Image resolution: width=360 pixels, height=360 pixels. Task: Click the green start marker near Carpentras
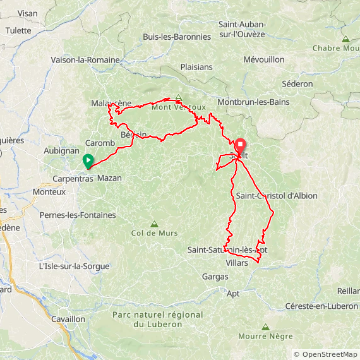88,160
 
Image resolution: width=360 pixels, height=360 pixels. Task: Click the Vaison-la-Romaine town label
85,60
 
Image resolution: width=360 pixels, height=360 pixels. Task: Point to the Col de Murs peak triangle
154,224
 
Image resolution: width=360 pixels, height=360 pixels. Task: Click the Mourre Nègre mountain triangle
265,327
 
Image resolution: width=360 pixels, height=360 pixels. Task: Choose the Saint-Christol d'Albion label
277,196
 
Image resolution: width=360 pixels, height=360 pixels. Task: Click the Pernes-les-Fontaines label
78,215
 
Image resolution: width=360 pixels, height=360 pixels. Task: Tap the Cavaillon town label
68,319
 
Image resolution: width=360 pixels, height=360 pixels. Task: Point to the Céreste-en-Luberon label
321,306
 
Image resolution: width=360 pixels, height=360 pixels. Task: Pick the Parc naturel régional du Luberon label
157,320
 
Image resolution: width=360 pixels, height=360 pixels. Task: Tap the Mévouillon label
264,59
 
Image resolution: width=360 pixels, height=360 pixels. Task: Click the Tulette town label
18,30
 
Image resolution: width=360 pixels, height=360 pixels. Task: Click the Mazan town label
109,178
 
